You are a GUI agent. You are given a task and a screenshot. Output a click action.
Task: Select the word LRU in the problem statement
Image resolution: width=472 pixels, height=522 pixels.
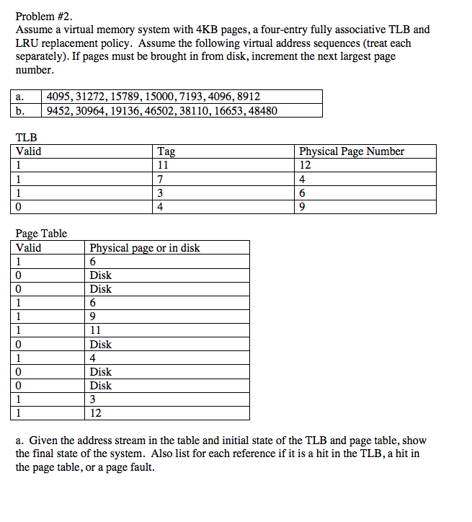pyautogui.click(x=27, y=43)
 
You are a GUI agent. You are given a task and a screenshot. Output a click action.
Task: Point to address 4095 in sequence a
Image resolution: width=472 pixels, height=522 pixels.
pyautogui.click(x=59, y=97)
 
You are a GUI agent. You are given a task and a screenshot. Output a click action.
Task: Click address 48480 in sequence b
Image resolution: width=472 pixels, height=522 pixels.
pyautogui.click(x=262, y=110)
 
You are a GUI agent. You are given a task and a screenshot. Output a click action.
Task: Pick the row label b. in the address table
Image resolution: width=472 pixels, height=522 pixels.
pyautogui.click(x=22, y=110)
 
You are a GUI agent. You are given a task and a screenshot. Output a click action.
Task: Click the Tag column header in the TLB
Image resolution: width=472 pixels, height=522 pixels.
pyautogui.click(x=166, y=151)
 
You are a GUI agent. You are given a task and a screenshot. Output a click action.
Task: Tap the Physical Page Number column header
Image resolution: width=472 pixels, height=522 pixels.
pyautogui.click(x=352, y=151)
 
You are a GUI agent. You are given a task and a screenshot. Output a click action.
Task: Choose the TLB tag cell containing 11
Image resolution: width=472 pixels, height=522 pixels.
pyautogui.click(x=163, y=165)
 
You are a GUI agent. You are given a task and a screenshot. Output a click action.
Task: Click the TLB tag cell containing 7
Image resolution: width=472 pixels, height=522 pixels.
pyautogui.click(x=160, y=179)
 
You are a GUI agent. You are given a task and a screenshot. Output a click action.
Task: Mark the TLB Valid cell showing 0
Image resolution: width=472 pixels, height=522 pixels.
pyautogui.click(x=19, y=207)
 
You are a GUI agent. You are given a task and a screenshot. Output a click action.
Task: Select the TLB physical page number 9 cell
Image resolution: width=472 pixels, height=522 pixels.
pyautogui.click(x=302, y=207)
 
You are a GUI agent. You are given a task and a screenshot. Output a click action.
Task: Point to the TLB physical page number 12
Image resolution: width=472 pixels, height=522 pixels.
pyautogui.click(x=305, y=165)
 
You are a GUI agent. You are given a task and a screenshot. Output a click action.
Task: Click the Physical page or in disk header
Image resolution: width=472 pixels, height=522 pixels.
pyautogui.click(x=145, y=248)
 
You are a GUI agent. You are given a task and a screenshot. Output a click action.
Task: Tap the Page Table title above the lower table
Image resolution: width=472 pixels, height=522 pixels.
pyautogui.click(x=41, y=234)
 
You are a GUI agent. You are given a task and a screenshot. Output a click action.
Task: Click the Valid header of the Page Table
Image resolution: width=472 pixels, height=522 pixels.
pyautogui.click(x=29, y=248)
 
